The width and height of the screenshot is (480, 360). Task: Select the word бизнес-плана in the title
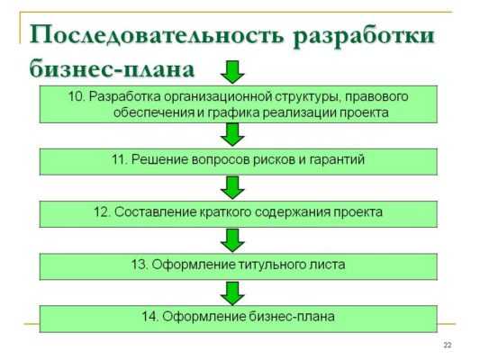click(112, 69)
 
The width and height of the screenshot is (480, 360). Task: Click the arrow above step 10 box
click(232, 72)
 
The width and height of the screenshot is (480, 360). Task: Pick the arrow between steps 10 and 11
click(232, 135)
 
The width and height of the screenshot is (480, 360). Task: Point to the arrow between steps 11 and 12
click(232, 187)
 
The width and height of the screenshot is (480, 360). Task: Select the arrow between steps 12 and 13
click(232, 240)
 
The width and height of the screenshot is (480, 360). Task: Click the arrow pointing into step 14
click(232, 293)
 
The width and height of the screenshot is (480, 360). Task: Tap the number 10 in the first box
click(77, 96)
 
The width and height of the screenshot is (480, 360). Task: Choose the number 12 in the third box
click(103, 212)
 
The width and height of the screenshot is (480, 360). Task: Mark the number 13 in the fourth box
click(140, 265)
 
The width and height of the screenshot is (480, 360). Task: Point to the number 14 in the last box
click(150, 317)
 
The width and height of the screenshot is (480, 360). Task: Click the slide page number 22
click(448, 346)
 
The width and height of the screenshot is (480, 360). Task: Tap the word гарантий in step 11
click(337, 160)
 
